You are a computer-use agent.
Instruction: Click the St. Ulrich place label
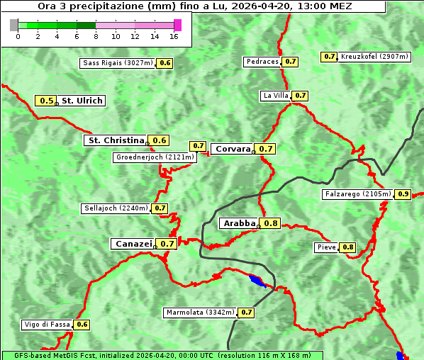click(x=82, y=101)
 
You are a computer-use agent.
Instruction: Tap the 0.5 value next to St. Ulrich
click(x=47, y=101)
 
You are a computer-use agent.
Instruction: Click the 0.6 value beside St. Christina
click(x=160, y=140)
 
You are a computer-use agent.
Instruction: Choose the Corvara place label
click(x=233, y=149)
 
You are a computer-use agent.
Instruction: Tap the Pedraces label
click(x=262, y=62)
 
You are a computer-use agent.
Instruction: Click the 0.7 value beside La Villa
click(x=300, y=96)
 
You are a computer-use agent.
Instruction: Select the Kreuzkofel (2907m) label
click(x=374, y=56)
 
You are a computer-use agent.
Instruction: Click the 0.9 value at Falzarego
click(x=403, y=194)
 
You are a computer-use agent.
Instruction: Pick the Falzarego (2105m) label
click(x=357, y=194)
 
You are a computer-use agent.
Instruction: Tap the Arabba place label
click(x=239, y=223)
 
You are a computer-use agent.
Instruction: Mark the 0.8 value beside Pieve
click(x=347, y=247)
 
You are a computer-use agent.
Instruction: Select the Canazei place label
click(x=133, y=243)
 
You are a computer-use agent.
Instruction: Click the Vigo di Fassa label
click(x=48, y=325)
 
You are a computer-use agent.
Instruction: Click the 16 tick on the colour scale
click(x=174, y=35)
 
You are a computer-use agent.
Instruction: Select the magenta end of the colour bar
click(x=177, y=25)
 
